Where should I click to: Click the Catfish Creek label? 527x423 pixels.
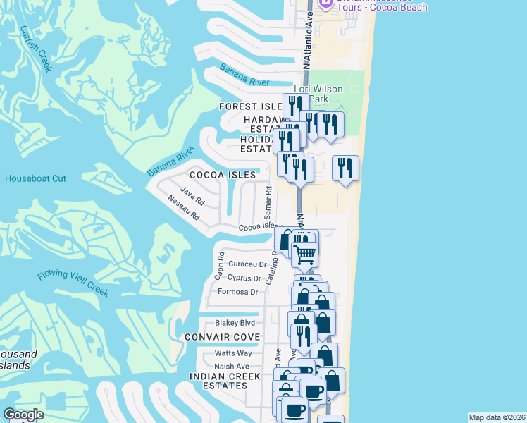pos(36,49)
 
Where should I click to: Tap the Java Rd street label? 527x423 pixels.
pos(192,194)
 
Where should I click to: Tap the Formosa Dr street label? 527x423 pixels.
pos(237,291)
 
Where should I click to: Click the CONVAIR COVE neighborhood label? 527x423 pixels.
pos(222,337)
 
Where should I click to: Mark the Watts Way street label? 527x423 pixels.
pos(233,352)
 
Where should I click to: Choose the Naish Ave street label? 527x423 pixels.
pos(232,366)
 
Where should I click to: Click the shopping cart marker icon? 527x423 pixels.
pos(304,255)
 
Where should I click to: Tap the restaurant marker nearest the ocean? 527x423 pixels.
pos(345,168)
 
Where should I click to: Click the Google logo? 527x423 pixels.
pos(23,415)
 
